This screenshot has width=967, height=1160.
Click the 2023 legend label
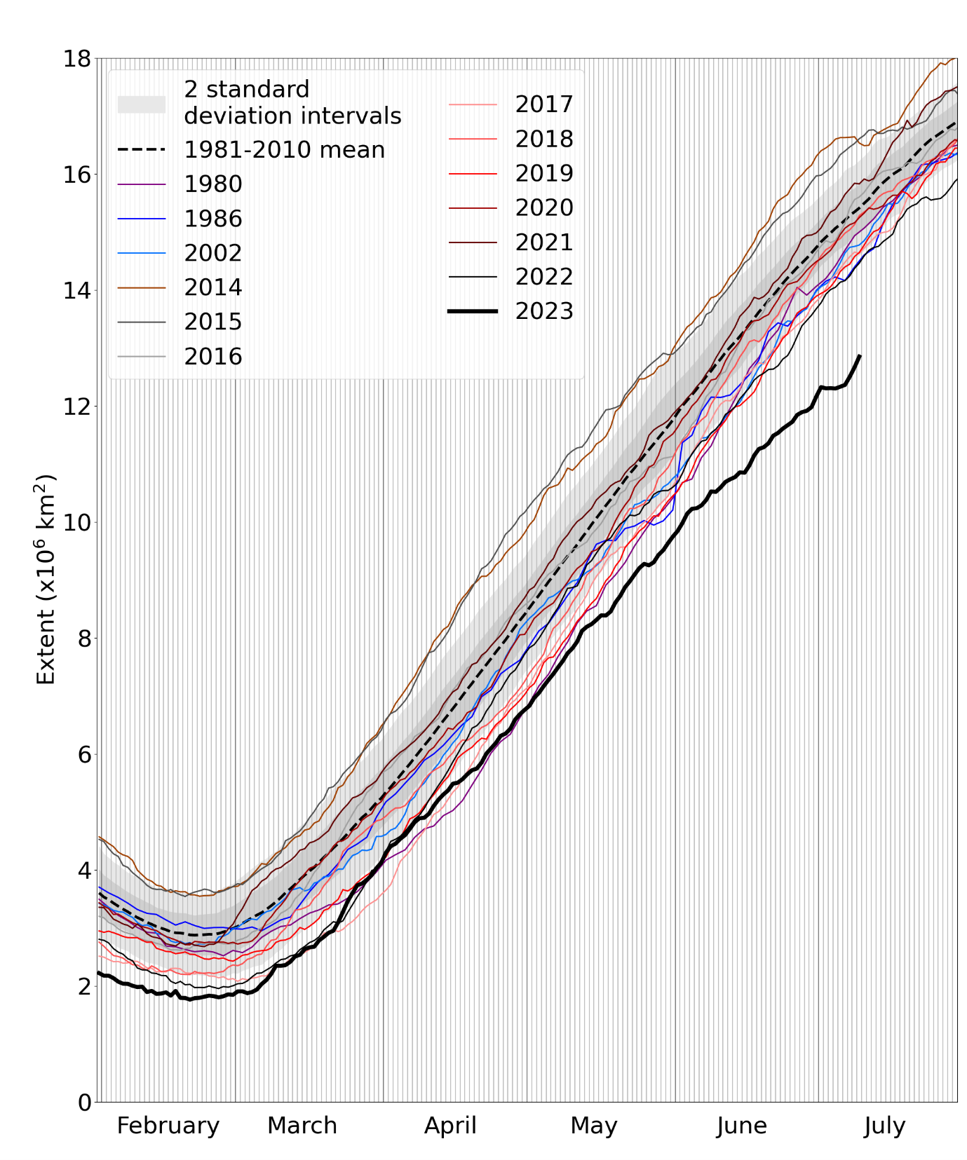pyautogui.click(x=543, y=311)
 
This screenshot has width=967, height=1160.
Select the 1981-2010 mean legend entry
pyautogui.click(x=284, y=149)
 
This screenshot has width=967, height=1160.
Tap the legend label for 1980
pyautogui.click(x=212, y=184)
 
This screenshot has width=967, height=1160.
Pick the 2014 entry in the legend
pyautogui.click(x=212, y=287)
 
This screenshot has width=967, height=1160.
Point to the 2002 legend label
pyautogui.click(x=212, y=252)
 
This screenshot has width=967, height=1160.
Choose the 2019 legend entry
pyautogui.click(x=543, y=172)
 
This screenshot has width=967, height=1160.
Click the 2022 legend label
pyautogui.click(x=543, y=276)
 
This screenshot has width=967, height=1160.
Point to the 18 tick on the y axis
pyautogui.click(x=77, y=59)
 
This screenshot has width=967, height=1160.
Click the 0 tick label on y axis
pyautogui.click(x=84, y=1103)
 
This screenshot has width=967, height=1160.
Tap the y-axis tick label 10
pyautogui.click(x=77, y=523)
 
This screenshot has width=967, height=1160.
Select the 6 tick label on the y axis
pyautogui.click(x=84, y=755)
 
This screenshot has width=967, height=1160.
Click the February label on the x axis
pyautogui.click(x=168, y=1125)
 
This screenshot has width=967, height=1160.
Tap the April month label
pyautogui.click(x=450, y=1125)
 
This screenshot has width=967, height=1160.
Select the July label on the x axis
pyautogui.click(x=884, y=1126)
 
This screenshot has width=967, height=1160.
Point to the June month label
pyautogui.click(x=741, y=1125)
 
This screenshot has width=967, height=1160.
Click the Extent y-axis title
pyautogui.click(x=46, y=580)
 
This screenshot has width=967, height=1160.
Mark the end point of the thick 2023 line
pyautogui.click(x=860, y=356)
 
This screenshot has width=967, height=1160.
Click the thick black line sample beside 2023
pyautogui.click(x=473, y=311)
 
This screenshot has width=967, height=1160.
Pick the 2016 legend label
pyautogui.click(x=212, y=356)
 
